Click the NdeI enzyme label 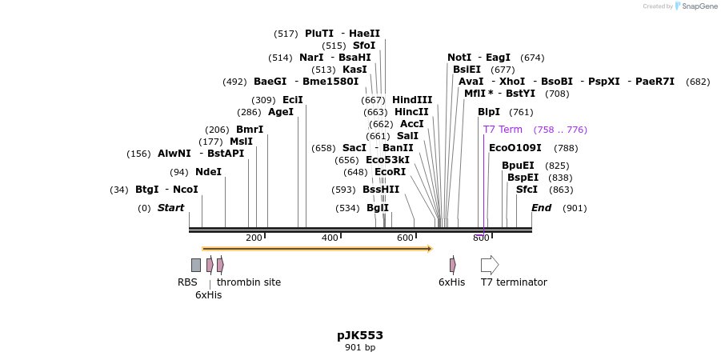[208, 172]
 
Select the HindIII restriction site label [412, 100]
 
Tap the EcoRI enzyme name [391, 172]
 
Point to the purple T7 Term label [503, 130]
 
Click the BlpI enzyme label [489, 112]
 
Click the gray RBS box [196, 265]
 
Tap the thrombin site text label [249, 282]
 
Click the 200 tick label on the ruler [254, 238]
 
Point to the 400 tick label [330, 238]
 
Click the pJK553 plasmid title [360, 335]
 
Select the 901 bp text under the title [360, 347]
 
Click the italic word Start [170, 208]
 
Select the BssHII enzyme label [381, 190]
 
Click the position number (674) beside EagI [532, 58]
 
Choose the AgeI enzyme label [281, 112]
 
